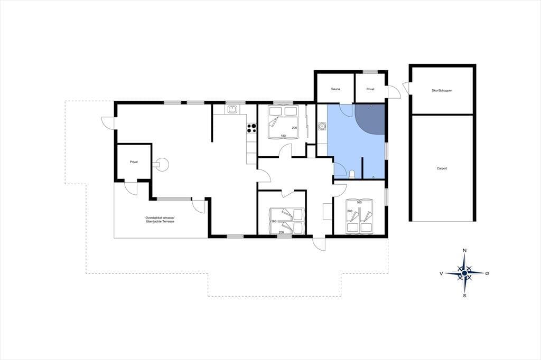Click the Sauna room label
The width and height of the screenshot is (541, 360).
pyautogui.click(x=335, y=89)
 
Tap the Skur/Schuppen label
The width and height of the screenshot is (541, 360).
pyautogui.click(x=442, y=90)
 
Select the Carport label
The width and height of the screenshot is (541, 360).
pyautogui.click(x=442, y=168)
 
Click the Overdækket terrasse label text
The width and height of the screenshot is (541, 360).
pyautogui.click(x=160, y=218)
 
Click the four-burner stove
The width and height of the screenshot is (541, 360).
pyautogui.click(x=251, y=128)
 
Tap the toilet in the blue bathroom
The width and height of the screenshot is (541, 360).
pyautogui.click(x=352, y=174)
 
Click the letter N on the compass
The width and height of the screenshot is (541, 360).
pyautogui.click(x=465, y=250)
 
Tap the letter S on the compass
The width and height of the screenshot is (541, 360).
pyautogui.click(x=465, y=296)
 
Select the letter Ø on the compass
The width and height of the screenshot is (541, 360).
pyautogui.click(x=487, y=273)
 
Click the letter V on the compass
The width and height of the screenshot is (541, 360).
pyautogui.click(x=441, y=273)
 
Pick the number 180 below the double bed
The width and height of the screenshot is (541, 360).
pyautogui.click(x=283, y=136)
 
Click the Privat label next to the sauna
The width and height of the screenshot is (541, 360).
pyautogui.click(x=370, y=89)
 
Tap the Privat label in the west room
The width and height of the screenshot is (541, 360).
pyautogui.click(x=134, y=162)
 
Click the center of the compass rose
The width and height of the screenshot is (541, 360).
pyautogui.click(x=465, y=273)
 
